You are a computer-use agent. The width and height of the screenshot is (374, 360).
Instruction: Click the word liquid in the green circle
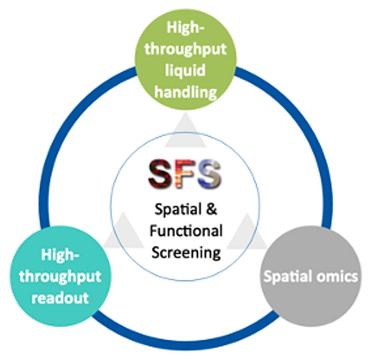coord(186,70)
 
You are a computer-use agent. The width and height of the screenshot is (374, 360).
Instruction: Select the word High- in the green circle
coord(187,28)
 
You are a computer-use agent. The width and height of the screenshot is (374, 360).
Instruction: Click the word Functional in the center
coord(185,231)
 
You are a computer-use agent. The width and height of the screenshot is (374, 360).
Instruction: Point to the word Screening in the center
coord(185,251)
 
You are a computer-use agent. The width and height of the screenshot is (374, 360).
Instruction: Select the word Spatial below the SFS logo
coord(178,211)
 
